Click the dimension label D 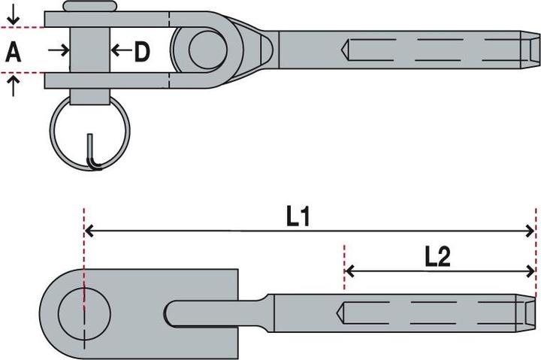click(x=142, y=51)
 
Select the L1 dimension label click(x=298, y=217)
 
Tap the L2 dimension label click(x=437, y=257)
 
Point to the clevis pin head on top click(x=90, y=6)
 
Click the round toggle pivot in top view click(x=208, y=50)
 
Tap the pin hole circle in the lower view click(x=84, y=313)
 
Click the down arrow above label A click(x=13, y=16)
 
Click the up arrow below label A click(x=13, y=86)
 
